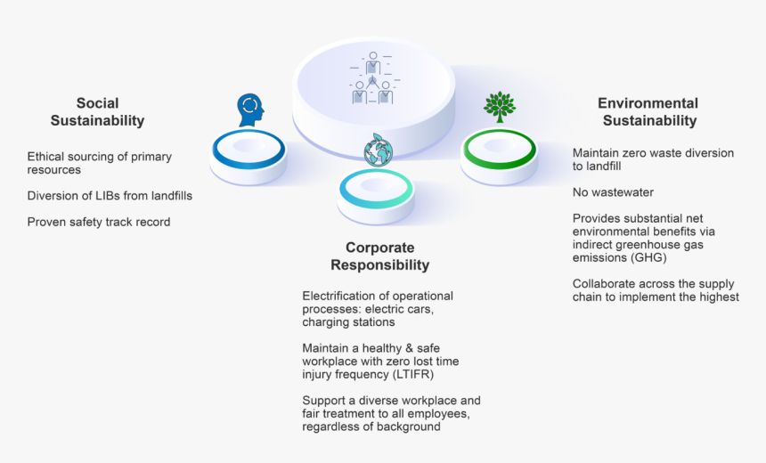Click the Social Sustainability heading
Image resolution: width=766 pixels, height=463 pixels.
pos(97,112)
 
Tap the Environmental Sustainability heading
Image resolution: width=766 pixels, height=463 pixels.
pos(648,112)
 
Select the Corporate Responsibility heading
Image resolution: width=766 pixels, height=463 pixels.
pos(379,256)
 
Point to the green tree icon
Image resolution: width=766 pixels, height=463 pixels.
pos(499,105)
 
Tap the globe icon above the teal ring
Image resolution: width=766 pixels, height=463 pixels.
pos(377,150)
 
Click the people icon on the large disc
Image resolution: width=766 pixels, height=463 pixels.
pos(372,78)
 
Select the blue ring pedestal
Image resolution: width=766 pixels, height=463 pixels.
pos(249,153)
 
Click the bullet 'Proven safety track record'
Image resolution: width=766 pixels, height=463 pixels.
pos(98,222)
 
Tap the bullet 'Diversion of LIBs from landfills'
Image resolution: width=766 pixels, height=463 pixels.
pos(110,196)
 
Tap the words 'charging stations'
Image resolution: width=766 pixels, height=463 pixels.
pos(348,322)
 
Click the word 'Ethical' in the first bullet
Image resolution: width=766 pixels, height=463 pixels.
pos(46,157)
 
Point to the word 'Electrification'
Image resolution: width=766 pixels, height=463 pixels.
pos(341,296)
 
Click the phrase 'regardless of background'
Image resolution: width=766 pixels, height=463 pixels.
pos(371,426)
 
